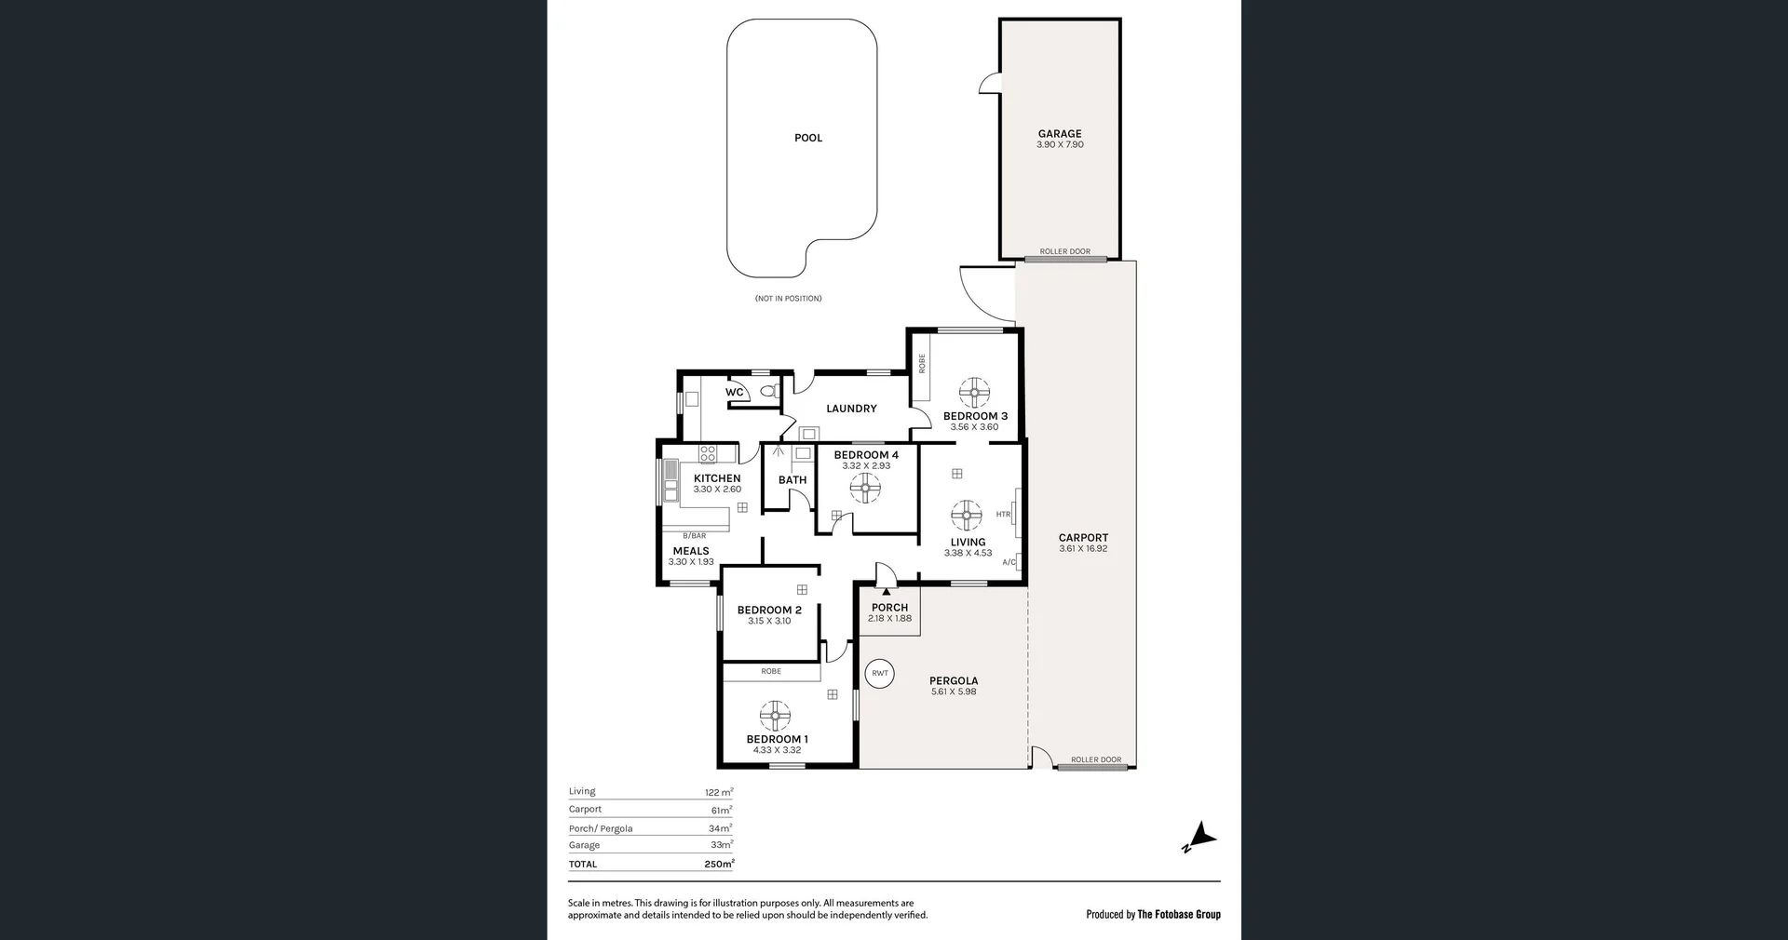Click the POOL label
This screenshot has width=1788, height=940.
pyautogui.click(x=807, y=138)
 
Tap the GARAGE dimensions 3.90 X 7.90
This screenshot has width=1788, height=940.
pyautogui.click(x=1060, y=145)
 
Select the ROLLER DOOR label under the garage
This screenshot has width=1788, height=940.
pyautogui.click(x=1064, y=251)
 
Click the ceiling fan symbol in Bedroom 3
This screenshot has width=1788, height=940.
pyautogui.click(x=974, y=393)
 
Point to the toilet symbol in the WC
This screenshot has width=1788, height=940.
pyautogui.click(x=769, y=391)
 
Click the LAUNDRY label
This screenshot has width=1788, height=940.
pyautogui.click(x=851, y=409)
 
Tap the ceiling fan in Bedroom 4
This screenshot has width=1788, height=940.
pyautogui.click(x=865, y=488)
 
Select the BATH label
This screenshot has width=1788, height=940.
pyautogui.click(x=792, y=480)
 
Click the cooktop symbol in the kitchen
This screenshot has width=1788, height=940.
pyautogui.click(x=708, y=454)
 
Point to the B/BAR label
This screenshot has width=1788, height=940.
pyautogui.click(x=694, y=536)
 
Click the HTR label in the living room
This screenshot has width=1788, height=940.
pyautogui.click(x=1003, y=515)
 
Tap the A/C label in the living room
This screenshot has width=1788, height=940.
pyautogui.click(x=1009, y=562)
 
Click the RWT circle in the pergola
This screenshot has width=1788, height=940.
pyautogui.click(x=880, y=673)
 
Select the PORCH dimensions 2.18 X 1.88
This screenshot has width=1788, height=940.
pyautogui.click(x=889, y=618)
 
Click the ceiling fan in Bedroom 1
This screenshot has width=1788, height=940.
pyautogui.click(x=775, y=716)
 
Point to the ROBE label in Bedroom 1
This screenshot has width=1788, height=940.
pyautogui.click(x=771, y=671)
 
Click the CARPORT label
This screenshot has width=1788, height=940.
pyautogui.click(x=1083, y=538)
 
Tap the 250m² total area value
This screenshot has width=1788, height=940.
pyautogui.click(x=718, y=865)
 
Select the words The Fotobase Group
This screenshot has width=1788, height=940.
pyautogui.click(x=1179, y=914)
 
